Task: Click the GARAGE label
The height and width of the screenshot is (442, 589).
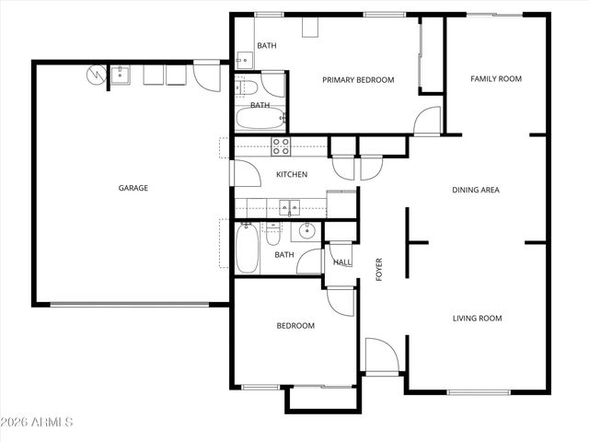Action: tap(133, 188)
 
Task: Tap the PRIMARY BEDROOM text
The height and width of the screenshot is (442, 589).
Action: tap(357, 80)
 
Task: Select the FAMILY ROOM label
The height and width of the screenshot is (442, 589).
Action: tap(496, 79)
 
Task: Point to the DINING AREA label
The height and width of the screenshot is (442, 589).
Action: tap(475, 191)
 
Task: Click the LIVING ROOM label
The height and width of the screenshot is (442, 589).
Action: tap(477, 319)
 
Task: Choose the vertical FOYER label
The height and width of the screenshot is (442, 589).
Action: tap(378, 268)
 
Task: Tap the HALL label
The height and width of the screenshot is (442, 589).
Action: tap(341, 262)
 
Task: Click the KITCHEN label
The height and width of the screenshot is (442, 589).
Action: tap(292, 175)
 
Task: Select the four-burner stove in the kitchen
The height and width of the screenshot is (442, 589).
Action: tap(280, 145)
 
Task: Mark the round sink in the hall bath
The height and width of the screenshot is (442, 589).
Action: tap(308, 232)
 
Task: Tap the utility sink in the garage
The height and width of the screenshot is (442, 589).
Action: tap(121, 74)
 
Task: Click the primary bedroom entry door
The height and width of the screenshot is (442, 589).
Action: tap(426, 121)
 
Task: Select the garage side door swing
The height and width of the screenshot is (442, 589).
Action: tap(208, 76)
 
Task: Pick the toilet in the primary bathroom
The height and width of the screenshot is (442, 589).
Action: tap(246, 88)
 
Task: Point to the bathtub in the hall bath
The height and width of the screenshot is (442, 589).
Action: tap(248, 249)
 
